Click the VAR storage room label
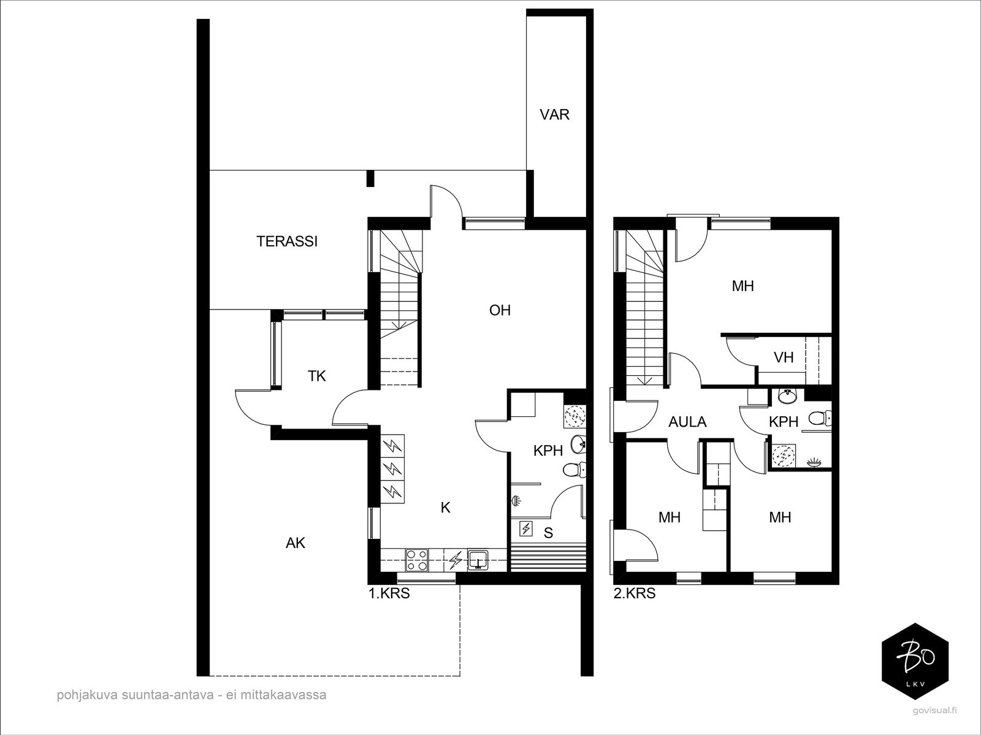tap(554, 115)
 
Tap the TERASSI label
tap(287, 242)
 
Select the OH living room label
tap(500, 310)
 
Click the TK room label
tap(316, 376)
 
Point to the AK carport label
tap(296, 543)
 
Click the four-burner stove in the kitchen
tap(417, 559)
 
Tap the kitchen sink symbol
tap(478, 560)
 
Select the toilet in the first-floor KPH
tap(573, 470)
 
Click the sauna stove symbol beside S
tap(525, 528)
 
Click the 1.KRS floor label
tap(388, 593)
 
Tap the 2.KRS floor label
tap(635, 593)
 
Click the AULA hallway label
tap(687, 422)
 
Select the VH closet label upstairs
tap(784, 357)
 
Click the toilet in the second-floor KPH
tap(819, 419)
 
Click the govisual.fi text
tap(934, 710)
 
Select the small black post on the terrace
tap(370, 178)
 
